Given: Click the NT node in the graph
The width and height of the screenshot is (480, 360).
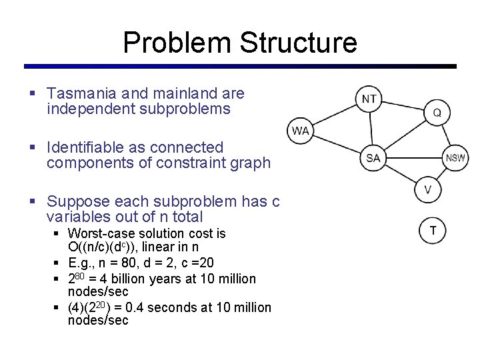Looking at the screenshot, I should point(369,99).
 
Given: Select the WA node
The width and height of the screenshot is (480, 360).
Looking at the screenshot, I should point(300,130).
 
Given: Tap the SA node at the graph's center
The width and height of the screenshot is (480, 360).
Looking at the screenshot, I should point(373,158).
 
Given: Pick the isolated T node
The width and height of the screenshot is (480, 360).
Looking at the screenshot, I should point(433,230).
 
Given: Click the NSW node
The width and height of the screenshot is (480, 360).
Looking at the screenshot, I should point(456,158).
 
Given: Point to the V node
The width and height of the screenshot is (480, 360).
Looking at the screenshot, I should point(428,190).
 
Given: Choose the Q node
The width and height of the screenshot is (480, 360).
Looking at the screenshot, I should point(437,113).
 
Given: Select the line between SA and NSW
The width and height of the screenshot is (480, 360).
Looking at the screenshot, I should point(415,158).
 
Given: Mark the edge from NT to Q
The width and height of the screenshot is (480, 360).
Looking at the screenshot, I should point(403,105).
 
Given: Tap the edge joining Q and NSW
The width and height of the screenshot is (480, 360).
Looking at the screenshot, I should point(446,135).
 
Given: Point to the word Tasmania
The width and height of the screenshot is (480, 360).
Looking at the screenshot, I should point(88,94).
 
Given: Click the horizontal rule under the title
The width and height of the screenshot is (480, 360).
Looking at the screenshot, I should point(240,66).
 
